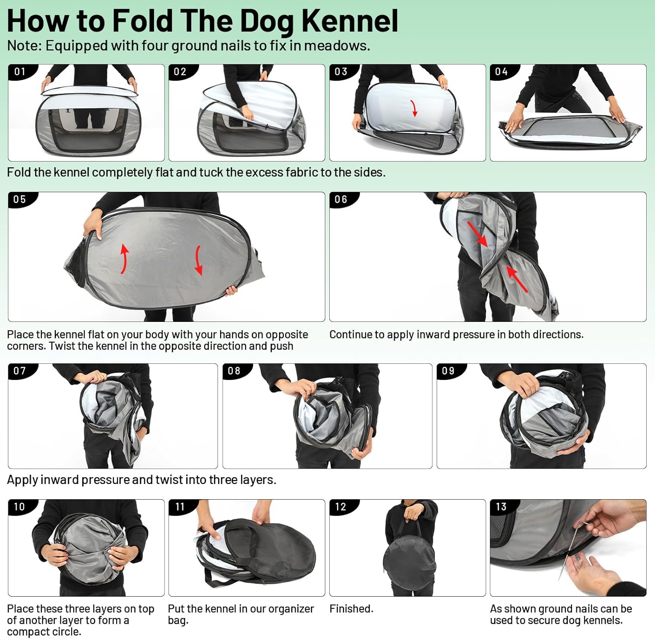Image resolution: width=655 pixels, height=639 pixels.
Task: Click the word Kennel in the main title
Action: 349,21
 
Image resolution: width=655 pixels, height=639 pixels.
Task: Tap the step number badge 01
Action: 20,72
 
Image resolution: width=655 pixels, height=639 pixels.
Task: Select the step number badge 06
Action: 341,200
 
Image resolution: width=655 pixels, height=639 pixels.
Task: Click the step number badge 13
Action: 501,507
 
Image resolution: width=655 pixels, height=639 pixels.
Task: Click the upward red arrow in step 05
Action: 124,259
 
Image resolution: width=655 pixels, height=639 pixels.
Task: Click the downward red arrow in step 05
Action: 198,260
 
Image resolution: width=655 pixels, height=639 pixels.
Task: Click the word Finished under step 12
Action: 351,609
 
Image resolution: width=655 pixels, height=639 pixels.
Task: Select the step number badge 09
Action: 448,371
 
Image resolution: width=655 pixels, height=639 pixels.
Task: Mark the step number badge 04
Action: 501,72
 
